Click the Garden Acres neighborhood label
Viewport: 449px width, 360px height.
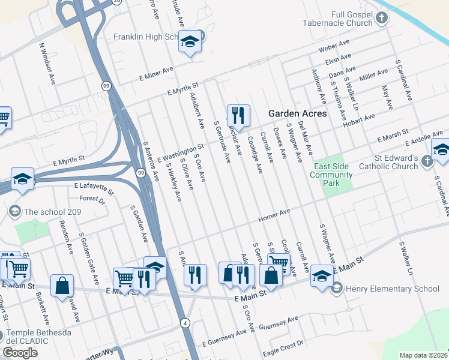[x=297, y=113]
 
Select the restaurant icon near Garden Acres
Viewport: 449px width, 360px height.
[x=238, y=115]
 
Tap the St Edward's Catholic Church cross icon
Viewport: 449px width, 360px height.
[x=426, y=161]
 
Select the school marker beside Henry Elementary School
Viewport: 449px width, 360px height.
[x=322, y=277]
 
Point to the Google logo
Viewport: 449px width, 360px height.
[x=20, y=353]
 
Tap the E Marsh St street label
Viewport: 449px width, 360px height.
[x=393, y=134]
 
